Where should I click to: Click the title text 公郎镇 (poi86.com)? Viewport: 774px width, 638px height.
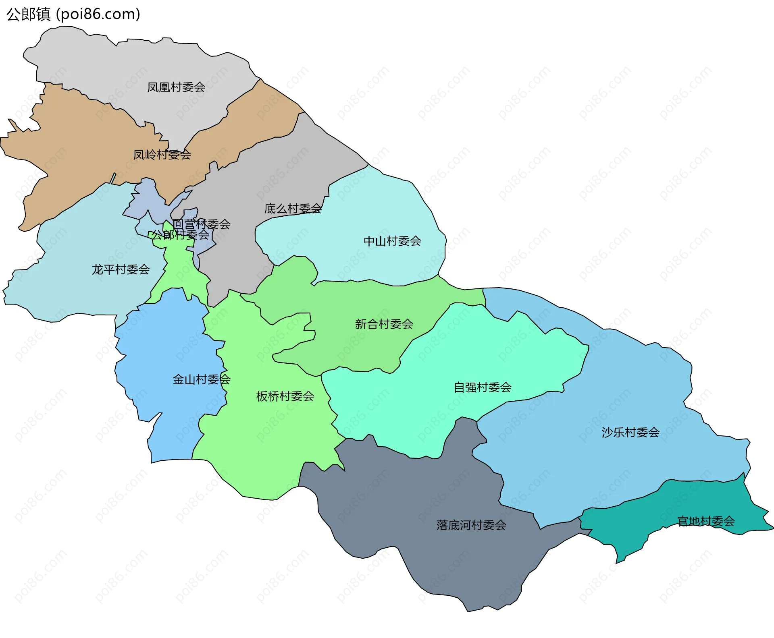[73, 14]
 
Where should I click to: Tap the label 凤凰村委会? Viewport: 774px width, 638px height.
[176, 87]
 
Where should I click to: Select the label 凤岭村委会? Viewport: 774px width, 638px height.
[162, 155]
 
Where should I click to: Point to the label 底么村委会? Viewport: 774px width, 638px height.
[293, 209]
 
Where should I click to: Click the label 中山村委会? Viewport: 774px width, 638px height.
[392, 241]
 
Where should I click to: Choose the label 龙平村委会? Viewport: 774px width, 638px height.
[121, 269]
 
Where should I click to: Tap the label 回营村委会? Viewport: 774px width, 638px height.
[202, 224]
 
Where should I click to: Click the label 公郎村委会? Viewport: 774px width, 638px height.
[180, 234]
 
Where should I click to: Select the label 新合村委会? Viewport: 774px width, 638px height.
[384, 324]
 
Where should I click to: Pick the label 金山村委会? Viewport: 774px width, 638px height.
[201, 379]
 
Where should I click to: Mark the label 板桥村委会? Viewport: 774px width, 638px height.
[285, 396]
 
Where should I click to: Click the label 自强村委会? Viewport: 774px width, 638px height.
[483, 387]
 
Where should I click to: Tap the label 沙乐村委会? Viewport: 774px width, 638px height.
[630, 433]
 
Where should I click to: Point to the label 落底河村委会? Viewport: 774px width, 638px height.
[471, 525]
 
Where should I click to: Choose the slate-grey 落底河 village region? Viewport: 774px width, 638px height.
[403, 503]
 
